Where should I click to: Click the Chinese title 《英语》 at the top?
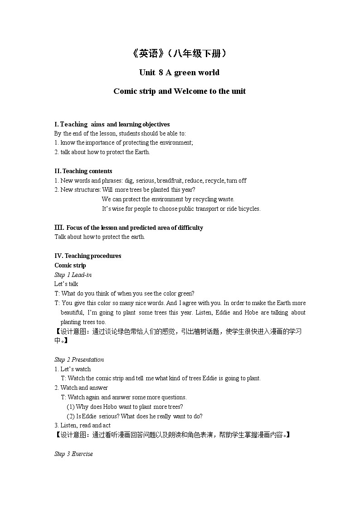(148, 53)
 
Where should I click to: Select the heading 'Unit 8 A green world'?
(179, 73)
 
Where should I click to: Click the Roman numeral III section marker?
(59, 228)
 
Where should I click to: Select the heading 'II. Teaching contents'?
(83, 171)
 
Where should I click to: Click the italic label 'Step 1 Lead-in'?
(73, 275)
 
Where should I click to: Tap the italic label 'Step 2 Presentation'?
(79, 359)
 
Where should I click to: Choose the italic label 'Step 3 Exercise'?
(73, 454)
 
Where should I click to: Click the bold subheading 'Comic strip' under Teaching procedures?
(70, 265)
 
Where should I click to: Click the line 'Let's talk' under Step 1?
(66, 284)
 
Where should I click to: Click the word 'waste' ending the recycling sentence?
(226, 199)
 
